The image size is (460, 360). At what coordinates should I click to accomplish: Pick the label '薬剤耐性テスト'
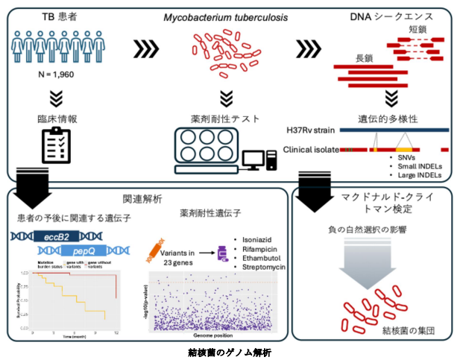pyautogui.click(x=227, y=119)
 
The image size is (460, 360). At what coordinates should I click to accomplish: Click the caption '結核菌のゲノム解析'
pyautogui.click(x=230, y=351)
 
